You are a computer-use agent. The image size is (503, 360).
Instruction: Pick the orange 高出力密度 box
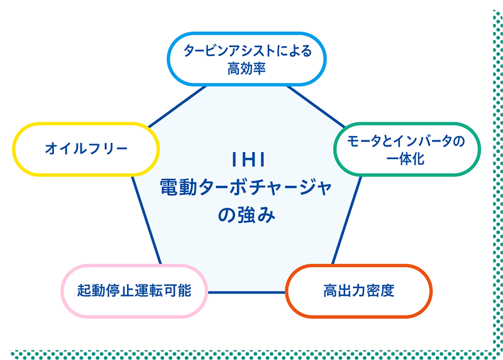(x=359, y=291)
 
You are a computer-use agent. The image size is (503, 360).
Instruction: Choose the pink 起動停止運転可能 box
(x=134, y=291)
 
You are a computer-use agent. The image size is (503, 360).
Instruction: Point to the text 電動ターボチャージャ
(x=246, y=188)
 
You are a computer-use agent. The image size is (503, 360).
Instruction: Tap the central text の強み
(x=246, y=215)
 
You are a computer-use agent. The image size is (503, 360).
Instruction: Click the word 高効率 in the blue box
(x=247, y=68)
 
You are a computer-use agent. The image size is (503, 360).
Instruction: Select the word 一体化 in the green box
(x=406, y=159)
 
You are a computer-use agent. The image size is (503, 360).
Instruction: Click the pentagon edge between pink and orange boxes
(x=246, y=292)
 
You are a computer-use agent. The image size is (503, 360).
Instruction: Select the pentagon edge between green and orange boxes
(x=346, y=220)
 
